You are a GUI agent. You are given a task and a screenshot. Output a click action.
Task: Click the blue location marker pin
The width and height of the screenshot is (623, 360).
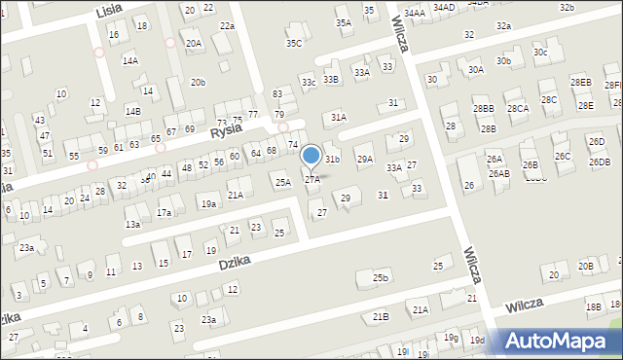311,156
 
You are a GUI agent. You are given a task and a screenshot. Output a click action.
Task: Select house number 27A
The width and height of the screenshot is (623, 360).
312,180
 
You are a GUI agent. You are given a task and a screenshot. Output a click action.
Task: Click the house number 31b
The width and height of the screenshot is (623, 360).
333,159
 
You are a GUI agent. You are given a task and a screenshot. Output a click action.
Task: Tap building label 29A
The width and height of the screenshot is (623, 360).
364,159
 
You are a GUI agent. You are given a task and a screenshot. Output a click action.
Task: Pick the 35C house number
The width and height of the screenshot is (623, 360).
293,44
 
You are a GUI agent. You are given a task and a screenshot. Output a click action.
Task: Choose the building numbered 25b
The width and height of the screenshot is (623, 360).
380,278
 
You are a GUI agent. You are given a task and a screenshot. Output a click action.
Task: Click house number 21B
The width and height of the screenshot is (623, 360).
381,316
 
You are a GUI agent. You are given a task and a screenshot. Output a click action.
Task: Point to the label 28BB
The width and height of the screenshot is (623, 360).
483,109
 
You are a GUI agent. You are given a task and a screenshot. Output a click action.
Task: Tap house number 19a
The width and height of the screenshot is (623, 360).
208,204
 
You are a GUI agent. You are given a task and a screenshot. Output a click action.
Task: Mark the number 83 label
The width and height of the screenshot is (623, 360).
277,93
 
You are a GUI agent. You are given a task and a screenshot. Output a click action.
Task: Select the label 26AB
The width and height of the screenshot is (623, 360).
498,173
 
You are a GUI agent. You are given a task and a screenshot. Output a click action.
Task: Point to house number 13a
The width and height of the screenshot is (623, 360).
132,224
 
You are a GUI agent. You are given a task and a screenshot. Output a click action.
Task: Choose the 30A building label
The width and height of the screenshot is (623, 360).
475,70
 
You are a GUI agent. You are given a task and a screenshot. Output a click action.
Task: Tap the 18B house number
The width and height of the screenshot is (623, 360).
593,306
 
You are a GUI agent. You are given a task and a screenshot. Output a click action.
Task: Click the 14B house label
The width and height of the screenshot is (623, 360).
132,112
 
